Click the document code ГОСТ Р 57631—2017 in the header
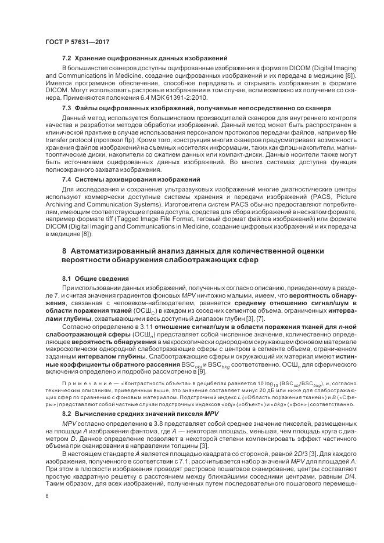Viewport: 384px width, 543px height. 77,42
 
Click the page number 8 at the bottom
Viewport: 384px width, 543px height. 46,496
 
